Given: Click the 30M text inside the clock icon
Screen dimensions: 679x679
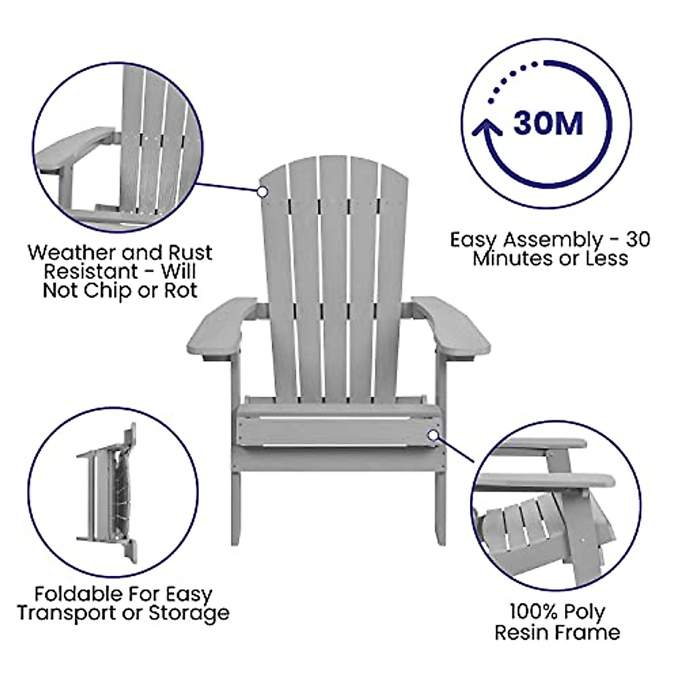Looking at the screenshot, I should coord(548,122).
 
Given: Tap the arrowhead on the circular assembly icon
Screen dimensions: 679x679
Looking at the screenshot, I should coord(487,129).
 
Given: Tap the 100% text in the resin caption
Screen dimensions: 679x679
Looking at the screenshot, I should coord(532,612).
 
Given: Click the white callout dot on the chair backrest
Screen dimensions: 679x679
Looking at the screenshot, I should coord(262,192).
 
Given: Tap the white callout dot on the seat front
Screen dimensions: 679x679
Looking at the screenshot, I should coord(433,435).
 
